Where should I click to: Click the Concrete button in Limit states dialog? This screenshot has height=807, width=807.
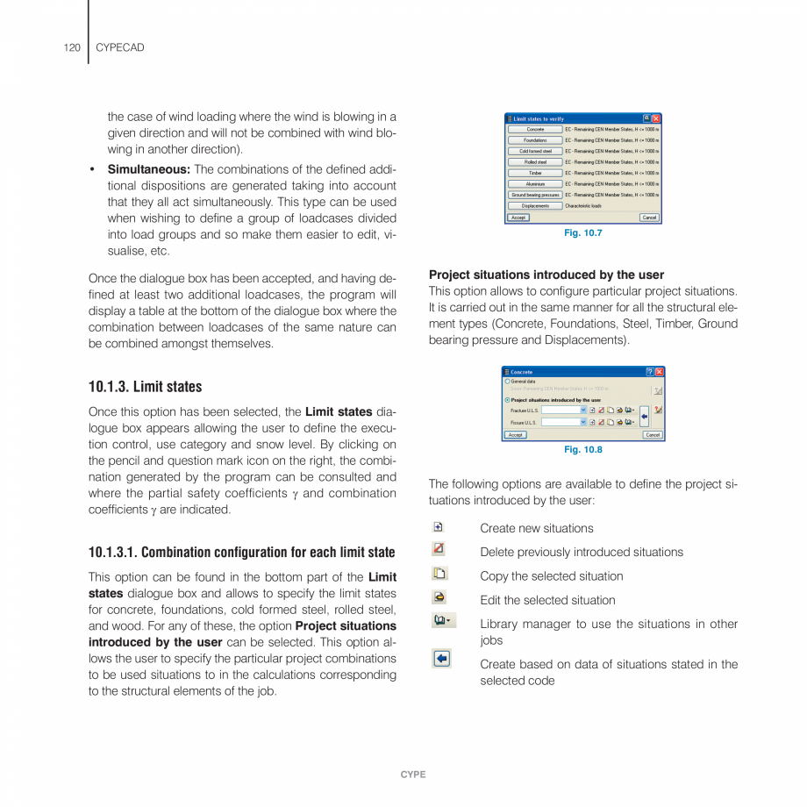tap(535, 130)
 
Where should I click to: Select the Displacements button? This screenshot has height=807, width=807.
tap(535, 206)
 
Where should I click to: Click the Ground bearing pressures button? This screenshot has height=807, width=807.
tap(535, 195)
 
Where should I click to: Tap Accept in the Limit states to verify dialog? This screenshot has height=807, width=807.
tap(518, 218)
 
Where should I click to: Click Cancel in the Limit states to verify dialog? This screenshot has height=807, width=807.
tap(648, 218)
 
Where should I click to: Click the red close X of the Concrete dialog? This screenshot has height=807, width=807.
tap(659, 372)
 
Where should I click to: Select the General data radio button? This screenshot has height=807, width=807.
tap(507, 382)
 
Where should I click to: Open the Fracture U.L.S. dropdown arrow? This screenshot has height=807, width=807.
tap(583, 410)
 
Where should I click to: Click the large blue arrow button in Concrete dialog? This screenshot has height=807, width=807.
tap(644, 416)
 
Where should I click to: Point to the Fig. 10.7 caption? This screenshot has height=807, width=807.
tap(582, 233)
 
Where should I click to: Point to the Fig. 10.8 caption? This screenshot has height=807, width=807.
tap(582, 450)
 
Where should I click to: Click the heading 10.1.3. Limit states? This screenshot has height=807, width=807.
tap(145, 387)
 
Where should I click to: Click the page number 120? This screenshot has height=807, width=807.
tap(72, 47)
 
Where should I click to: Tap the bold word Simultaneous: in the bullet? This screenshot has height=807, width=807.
tap(148, 169)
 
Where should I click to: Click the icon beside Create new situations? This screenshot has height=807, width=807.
tap(439, 527)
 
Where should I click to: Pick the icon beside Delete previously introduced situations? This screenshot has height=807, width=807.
tap(439, 550)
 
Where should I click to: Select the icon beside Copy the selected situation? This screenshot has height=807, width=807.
tap(439, 574)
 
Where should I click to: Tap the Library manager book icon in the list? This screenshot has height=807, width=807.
tap(443, 621)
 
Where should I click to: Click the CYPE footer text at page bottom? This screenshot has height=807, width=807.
tap(413, 775)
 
